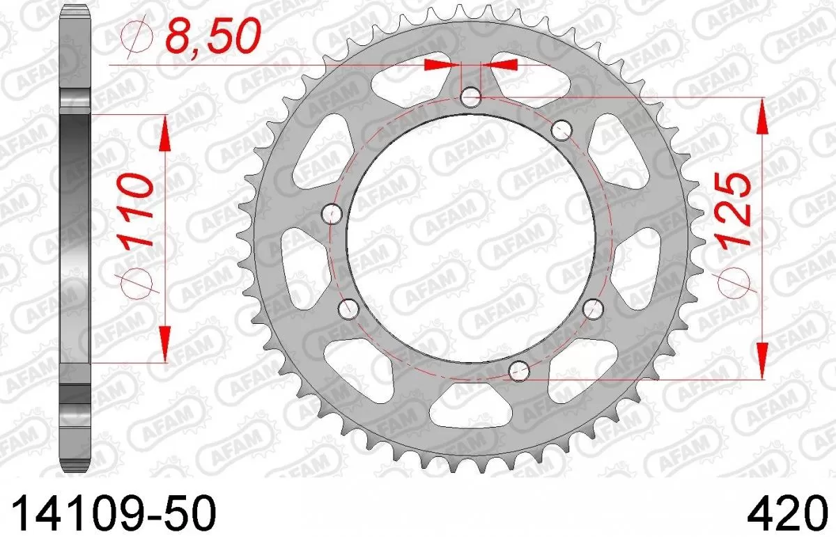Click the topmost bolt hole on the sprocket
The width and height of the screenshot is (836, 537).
[471, 97]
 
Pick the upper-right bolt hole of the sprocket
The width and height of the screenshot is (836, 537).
[562, 129]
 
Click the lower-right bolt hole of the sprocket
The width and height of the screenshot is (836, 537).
[593, 309]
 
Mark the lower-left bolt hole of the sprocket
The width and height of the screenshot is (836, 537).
[348, 309]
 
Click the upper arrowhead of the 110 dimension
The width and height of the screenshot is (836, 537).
[165, 132]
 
